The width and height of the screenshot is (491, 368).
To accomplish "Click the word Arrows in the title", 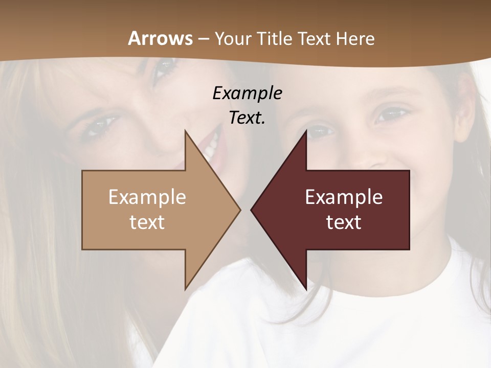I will (161, 38).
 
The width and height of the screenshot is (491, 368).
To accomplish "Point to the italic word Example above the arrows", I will (247, 94).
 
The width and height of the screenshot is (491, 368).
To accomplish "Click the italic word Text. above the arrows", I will (247, 118).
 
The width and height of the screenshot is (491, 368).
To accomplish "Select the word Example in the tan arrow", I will (147, 197).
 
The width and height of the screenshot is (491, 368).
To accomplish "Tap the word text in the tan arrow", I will (147, 222).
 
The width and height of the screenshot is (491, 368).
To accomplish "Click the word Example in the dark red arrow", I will (344, 197).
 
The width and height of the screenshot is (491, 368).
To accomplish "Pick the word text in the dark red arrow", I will (344, 222).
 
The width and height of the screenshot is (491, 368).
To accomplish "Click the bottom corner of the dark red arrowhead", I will (306, 289).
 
